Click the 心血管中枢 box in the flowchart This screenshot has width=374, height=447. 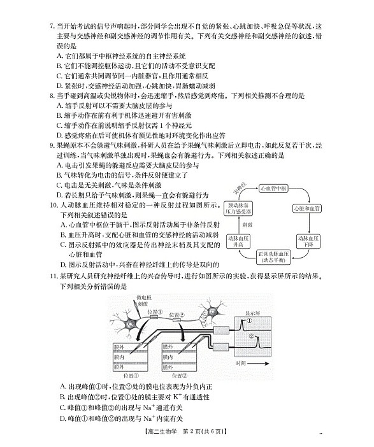pyautogui.click(x=275, y=189)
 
